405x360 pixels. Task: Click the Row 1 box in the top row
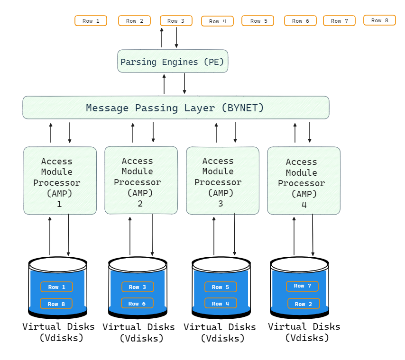tap(91, 21)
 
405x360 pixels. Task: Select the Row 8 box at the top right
tap(379, 20)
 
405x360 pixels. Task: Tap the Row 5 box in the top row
tap(258, 21)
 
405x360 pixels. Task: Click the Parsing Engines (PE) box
tap(173, 62)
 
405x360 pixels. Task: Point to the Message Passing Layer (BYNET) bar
tap(175, 108)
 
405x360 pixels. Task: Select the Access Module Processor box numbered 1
tap(60, 180)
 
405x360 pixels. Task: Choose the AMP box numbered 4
tap(304, 180)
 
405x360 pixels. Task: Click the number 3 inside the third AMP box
tap(221, 204)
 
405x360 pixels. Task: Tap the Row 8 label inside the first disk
tap(56, 304)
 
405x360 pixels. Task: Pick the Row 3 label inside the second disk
tap(138, 287)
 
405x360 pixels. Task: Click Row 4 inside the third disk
tap(221, 303)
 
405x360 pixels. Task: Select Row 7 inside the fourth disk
tap(302, 286)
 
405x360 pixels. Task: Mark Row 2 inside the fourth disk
tap(304, 304)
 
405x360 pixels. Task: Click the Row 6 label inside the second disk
tap(137, 303)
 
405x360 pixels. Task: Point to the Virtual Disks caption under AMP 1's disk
tap(58, 332)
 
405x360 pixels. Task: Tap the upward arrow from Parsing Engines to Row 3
tap(162, 37)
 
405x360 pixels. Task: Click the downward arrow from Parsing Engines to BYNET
tap(184, 83)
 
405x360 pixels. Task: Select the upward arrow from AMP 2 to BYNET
tap(133, 133)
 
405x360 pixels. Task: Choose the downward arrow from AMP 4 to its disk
tap(313, 235)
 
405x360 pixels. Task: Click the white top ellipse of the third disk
tap(221, 264)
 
